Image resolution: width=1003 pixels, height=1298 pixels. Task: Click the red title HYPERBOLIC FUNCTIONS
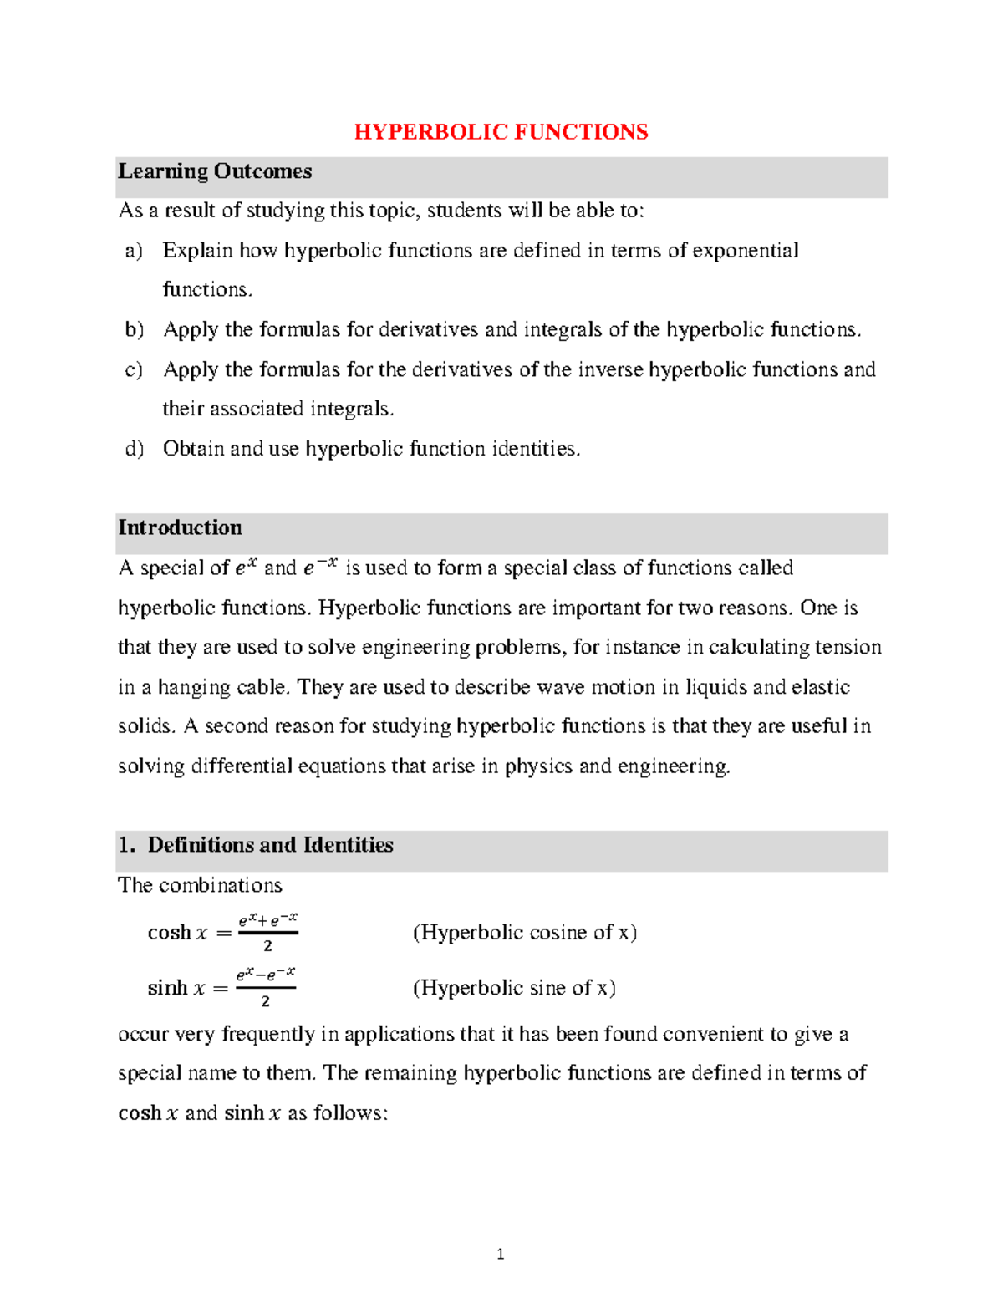click(501, 132)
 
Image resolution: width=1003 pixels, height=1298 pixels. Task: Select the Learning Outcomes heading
click(215, 171)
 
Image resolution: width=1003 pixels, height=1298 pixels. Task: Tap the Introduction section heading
click(180, 527)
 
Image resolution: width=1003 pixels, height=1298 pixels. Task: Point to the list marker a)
click(134, 251)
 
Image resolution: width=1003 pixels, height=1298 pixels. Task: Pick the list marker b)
click(134, 330)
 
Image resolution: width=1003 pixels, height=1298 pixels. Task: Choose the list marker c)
click(134, 369)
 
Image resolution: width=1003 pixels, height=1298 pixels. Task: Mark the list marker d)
click(134, 449)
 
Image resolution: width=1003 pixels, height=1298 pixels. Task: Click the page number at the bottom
click(500, 1254)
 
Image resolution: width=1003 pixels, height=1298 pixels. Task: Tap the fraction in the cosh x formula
click(267, 932)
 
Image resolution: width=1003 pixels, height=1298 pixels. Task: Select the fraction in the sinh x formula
click(266, 987)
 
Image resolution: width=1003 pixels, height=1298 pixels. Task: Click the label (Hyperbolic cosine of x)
click(525, 933)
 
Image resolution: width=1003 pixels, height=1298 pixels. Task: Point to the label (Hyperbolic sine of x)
click(514, 988)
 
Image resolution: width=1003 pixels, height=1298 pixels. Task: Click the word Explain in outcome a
click(197, 251)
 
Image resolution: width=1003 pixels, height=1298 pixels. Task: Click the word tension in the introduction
click(848, 648)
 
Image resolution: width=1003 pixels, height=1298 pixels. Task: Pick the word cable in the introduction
click(262, 687)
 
